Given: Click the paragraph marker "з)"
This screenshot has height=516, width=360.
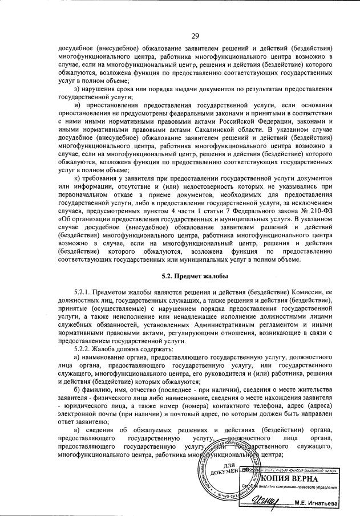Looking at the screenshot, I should pyautogui.click(x=79, y=90).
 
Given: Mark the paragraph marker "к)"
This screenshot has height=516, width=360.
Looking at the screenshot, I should pyautogui.click(x=78, y=181).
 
